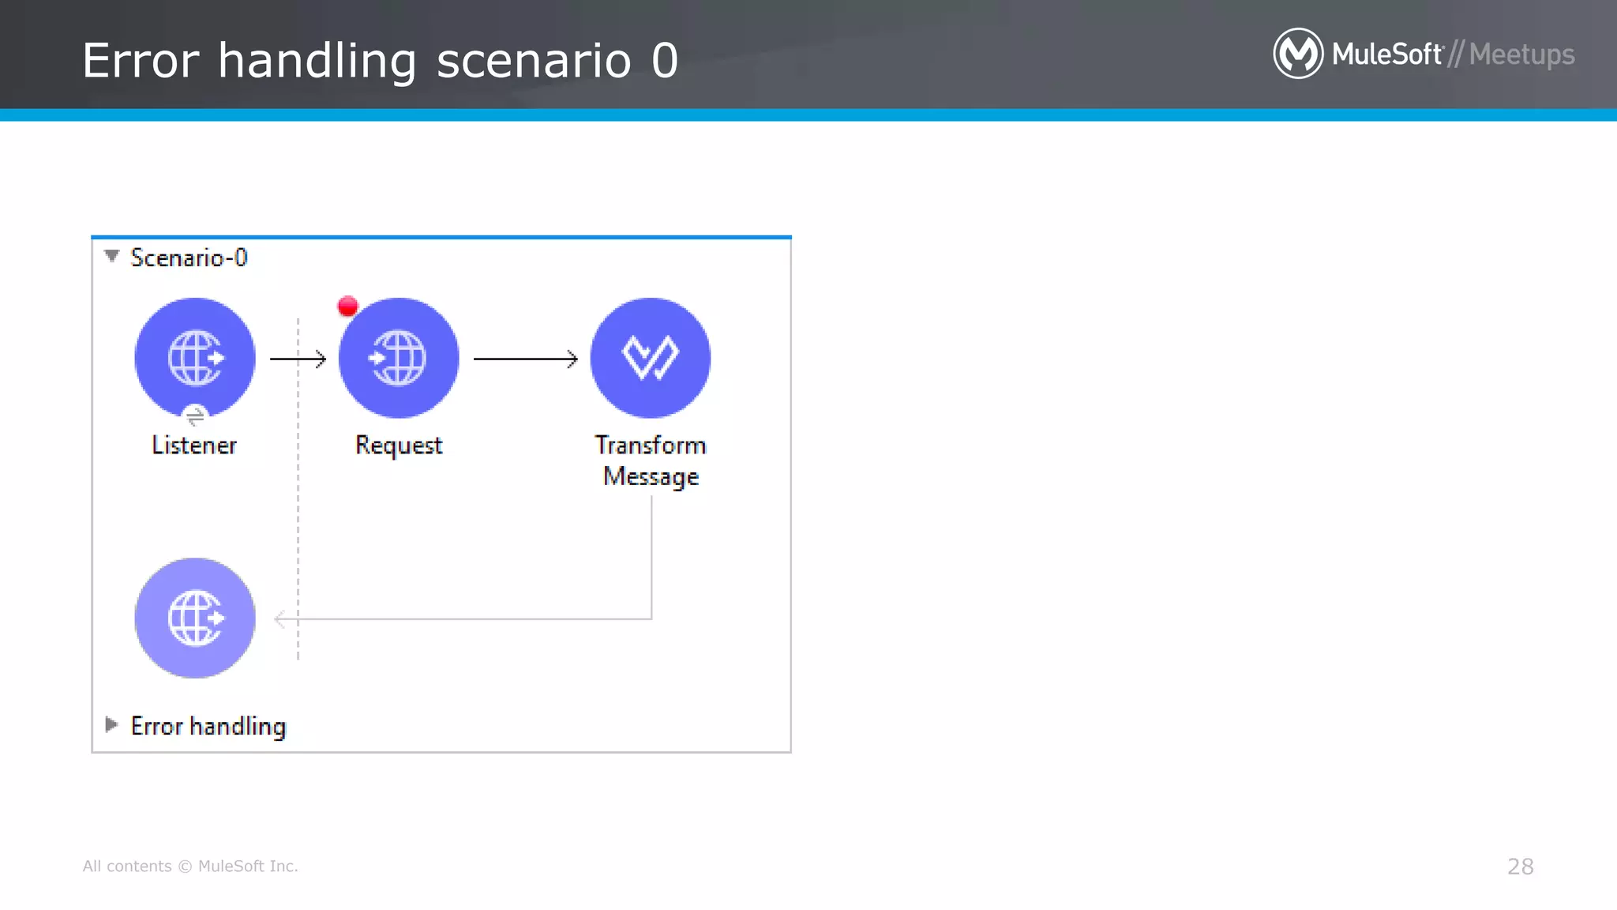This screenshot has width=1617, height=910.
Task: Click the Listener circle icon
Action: pos(195,358)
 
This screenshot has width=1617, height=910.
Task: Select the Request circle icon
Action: pos(399,358)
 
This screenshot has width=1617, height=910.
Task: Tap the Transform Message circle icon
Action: pos(651,358)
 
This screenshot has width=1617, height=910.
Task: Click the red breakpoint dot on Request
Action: pos(347,306)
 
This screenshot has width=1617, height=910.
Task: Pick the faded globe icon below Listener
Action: pos(195,618)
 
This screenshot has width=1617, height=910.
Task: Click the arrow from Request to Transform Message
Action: pos(525,359)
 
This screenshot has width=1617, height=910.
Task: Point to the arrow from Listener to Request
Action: pos(298,359)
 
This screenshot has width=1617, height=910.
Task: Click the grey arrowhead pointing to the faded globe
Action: pos(280,619)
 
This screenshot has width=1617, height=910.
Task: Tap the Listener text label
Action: pos(194,446)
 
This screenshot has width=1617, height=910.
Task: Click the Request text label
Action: pos(399,446)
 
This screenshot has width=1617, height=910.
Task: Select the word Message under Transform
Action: pos(651,477)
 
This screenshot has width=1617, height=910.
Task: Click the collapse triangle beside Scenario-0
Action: pos(111,256)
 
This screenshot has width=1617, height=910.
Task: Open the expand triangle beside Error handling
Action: pos(111,724)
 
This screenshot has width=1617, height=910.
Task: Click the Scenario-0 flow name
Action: pos(189,258)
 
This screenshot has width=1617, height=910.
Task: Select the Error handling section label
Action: pos(208,726)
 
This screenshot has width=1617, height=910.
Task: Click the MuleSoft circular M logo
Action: pos(1298,54)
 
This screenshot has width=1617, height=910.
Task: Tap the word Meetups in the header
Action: pos(1521,55)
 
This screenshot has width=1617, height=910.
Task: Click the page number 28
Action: pos(1520,867)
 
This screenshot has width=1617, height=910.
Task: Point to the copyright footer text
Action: pos(190,867)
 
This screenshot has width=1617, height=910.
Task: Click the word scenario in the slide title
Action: pos(534,61)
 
